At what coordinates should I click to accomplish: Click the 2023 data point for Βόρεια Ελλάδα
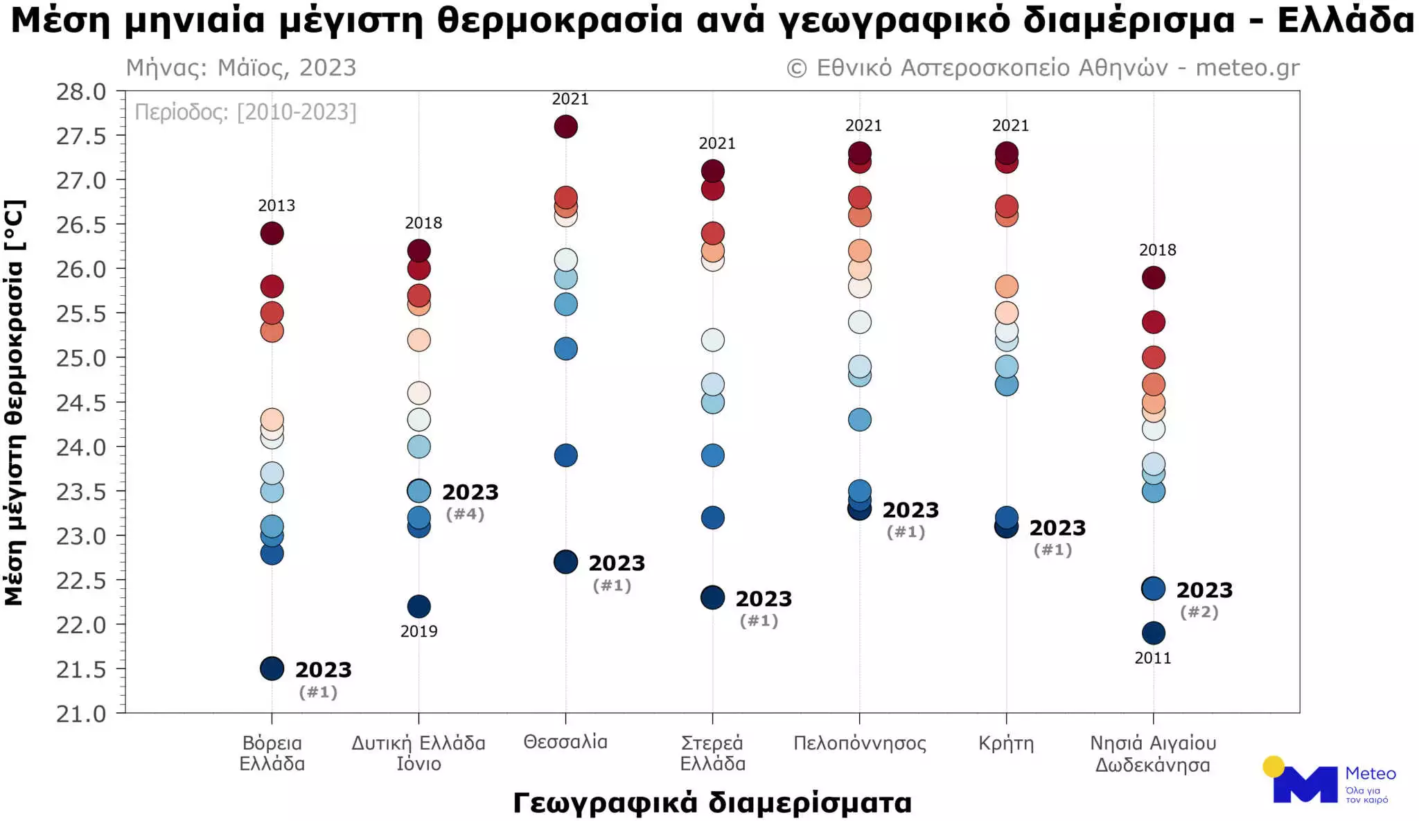click(272, 669)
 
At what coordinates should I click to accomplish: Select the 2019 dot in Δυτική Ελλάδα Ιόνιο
click(418, 606)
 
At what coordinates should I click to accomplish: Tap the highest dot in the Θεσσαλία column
click(565, 127)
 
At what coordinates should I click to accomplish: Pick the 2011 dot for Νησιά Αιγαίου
click(1153, 633)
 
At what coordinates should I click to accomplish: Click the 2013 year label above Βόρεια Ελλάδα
click(276, 206)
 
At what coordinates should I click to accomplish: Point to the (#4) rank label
click(465, 514)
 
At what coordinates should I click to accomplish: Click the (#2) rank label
click(1199, 612)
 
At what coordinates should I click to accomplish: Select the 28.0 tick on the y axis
click(81, 92)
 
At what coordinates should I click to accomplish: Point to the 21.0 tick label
click(81, 714)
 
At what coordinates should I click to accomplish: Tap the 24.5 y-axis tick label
click(81, 403)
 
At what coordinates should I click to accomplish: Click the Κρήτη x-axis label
click(1006, 743)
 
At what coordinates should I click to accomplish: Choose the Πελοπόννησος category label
click(859, 743)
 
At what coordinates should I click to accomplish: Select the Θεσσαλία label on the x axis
click(565, 742)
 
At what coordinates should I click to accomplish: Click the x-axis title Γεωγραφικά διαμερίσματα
click(712, 802)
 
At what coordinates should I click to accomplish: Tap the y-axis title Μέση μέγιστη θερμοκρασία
click(15, 403)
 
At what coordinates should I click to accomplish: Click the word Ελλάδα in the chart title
click(1346, 21)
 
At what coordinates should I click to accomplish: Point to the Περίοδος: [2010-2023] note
click(245, 112)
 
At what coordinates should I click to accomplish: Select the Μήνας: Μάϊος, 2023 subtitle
click(240, 68)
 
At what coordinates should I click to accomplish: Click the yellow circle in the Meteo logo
click(1273, 766)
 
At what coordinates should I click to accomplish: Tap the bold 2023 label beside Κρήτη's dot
click(1057, 528)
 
